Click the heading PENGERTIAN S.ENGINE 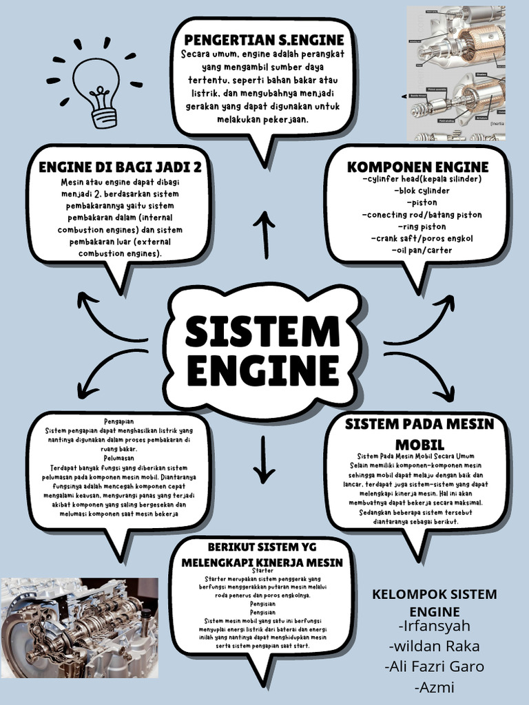263,40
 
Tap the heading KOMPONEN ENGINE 417,167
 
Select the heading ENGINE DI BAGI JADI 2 120,167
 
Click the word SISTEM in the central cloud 262,332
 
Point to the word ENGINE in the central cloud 262,372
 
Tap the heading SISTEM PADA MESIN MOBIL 419,433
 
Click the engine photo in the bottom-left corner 79,627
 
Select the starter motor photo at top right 455,73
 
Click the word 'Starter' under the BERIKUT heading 262,571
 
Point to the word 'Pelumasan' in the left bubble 120,458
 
